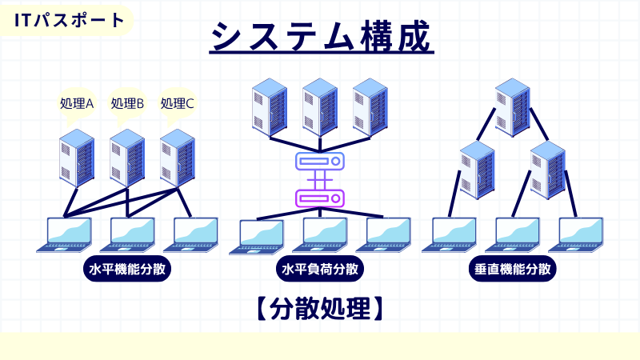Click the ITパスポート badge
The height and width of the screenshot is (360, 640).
(70, 20)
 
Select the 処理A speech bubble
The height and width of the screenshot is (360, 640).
(77, 103)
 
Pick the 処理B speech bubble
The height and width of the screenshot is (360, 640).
(127, 103)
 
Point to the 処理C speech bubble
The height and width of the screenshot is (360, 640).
(178, 103)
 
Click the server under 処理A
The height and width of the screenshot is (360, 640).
(77, 158)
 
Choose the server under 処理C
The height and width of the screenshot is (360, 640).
(178, 158)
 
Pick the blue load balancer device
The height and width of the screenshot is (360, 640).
(319, 162)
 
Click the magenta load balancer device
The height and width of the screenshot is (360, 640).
(319, 197)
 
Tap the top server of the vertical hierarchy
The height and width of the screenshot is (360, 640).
(513, 106)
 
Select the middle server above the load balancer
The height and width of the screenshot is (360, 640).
(319, 106)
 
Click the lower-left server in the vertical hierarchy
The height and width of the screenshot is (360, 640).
(478, 168)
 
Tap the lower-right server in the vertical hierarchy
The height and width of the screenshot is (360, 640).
(548, 168)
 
